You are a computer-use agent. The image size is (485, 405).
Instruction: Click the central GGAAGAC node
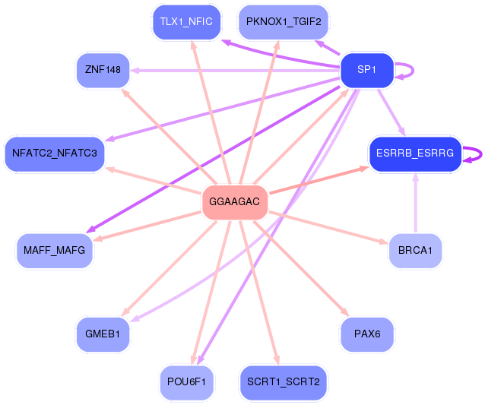click(x=235, y=202)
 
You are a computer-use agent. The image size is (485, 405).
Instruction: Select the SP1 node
click(x=367, y=70)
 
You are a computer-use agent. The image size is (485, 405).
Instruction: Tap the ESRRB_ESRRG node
click(x=415, y=153)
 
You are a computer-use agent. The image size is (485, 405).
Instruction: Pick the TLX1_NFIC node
click(x=186, y=22)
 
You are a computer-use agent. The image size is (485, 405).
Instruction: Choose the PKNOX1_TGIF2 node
click(x=284, y=22)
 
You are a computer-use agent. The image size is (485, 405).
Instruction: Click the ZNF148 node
click(x=103, y=70)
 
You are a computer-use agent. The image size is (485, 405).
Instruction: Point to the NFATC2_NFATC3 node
click(x=55, y=153)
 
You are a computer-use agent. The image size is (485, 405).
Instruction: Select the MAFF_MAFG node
click(x=55, y=251)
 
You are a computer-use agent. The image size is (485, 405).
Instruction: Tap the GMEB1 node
click(x=103, y=334)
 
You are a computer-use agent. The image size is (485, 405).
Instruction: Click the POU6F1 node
click(x=186, y=382)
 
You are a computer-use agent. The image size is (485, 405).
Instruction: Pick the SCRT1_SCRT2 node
click(x=284, y=382)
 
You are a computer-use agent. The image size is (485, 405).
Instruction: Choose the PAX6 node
click(x=367, y=334)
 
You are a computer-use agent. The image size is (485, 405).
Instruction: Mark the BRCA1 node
click(x=415, y=251)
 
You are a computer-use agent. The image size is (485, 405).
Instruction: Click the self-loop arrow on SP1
click(x=413, y=71)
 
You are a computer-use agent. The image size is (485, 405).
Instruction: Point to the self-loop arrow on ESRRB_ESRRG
click(x=481, y=154)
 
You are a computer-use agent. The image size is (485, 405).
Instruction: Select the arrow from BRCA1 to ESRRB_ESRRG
click(x=415, y=203)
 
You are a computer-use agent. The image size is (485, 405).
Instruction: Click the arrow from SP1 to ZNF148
click(x=235, y=71)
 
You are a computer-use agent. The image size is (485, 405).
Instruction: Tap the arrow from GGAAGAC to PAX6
click(x=301, y=269)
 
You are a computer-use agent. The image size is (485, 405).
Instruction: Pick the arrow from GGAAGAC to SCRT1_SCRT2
click(x=259, y=293)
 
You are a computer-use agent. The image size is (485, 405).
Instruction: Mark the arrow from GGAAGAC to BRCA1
click(x=328, y=227)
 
